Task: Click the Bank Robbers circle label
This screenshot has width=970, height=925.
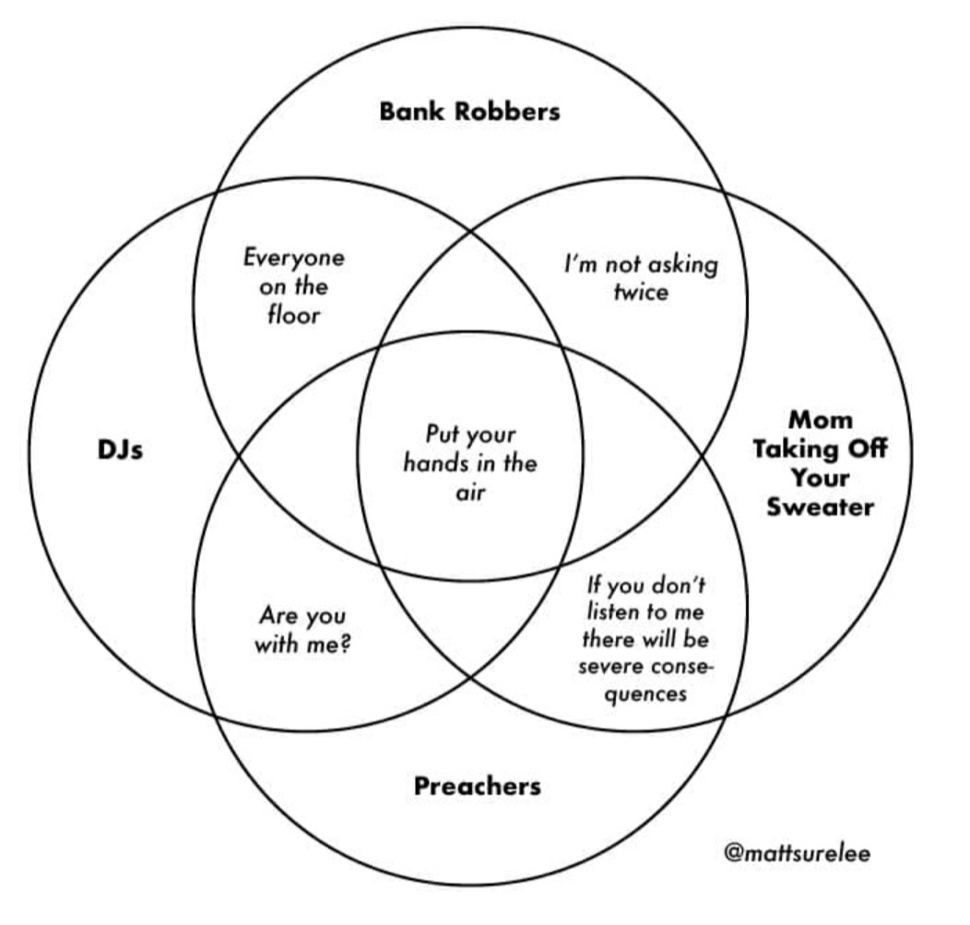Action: [469, 112]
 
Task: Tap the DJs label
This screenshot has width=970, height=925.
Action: [120, 450]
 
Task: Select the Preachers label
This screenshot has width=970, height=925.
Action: [477, 786]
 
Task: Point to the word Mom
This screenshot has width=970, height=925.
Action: [821, 420]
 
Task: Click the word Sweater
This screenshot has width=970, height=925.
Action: [821, 506]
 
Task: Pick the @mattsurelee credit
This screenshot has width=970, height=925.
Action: [798, 853]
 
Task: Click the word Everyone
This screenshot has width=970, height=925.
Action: [294, 258]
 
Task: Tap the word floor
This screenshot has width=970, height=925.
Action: [294, 314]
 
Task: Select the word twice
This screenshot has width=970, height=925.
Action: [641, 291]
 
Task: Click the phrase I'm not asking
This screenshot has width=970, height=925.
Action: [641, 265]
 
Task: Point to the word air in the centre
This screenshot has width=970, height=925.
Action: [470, 493]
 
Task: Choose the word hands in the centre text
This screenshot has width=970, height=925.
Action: [433, 464]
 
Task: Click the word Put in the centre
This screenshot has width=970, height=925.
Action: [440, 433]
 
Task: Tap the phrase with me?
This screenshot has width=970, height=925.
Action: [302, 644]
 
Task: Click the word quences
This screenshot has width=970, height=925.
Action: [645, 694]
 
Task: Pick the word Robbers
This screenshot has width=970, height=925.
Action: [507, 112]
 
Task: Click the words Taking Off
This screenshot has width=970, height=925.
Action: [821, 448]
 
